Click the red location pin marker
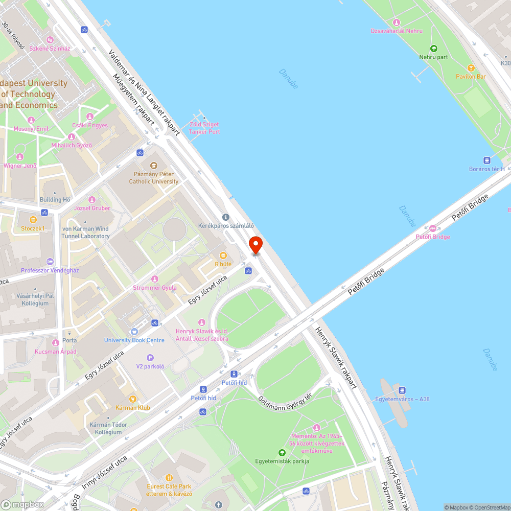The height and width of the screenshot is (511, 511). coord(255,245)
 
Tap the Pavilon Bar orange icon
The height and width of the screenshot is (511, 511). coord(471,67)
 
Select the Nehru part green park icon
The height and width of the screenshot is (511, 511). coord(433,49)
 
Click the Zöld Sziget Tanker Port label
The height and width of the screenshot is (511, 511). coord(204,128)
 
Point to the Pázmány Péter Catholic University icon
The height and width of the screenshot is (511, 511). coord(153,165)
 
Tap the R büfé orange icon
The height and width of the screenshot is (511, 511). coord(223,255)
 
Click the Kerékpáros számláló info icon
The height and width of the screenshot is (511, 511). coord(226,217)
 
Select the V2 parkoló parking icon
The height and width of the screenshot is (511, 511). coord(150,358)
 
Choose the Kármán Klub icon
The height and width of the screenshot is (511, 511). coord(133,399)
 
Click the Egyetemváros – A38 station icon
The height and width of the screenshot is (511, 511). coord(402,390)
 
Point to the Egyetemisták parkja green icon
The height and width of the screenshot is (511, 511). coord(282,453)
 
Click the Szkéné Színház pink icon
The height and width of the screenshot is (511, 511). coord(50,40)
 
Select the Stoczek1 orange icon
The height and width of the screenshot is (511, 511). coord(33,220)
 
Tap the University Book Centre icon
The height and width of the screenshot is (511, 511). coord(134,332)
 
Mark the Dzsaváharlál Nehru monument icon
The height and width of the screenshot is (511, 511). coord(396,22)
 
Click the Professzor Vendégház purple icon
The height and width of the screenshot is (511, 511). coord(50,262)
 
